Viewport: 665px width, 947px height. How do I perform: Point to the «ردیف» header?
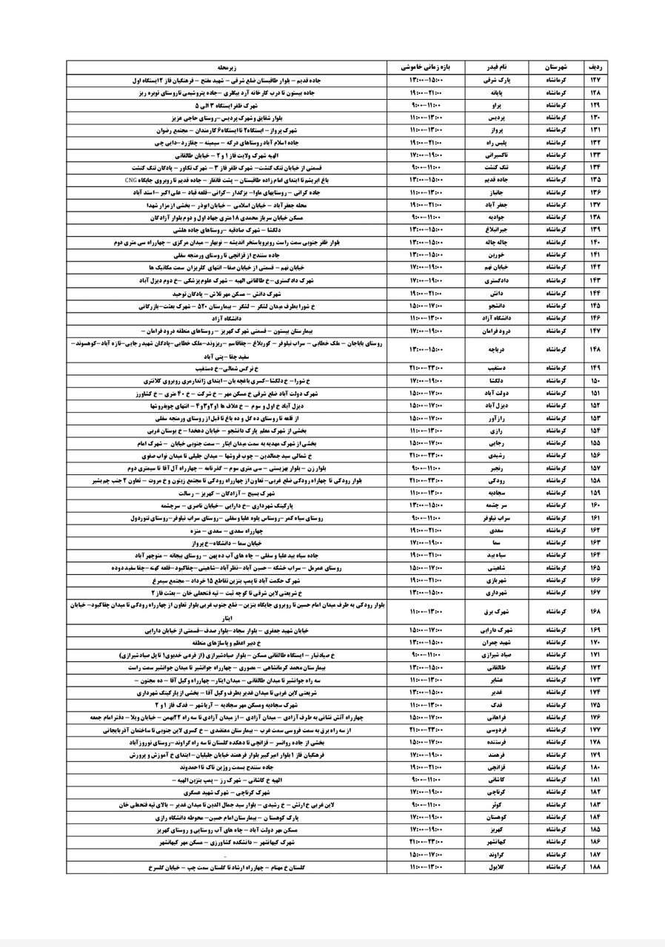pyautogui.click(x=594, y=66)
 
